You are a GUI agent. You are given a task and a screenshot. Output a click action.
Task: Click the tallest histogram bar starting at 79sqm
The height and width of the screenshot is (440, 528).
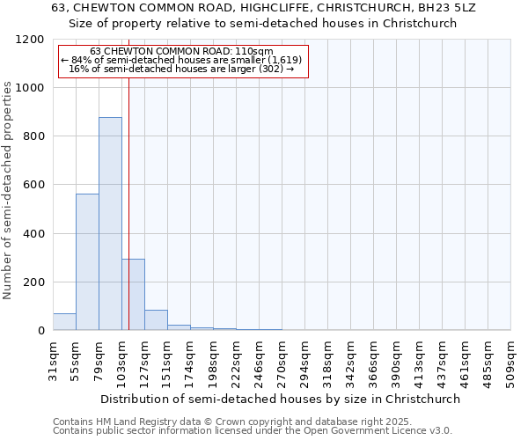[x=110, y=224]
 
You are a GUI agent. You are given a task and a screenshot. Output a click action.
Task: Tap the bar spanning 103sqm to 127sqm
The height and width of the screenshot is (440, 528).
[x=133, y=295]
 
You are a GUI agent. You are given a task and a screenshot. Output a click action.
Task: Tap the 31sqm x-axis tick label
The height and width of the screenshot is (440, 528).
[x=53, y=358]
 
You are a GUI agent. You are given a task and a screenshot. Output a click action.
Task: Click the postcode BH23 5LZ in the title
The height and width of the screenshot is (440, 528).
[x=450, y=8]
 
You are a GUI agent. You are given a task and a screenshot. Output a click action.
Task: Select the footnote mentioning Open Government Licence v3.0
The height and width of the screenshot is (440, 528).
[x=253, y=431]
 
